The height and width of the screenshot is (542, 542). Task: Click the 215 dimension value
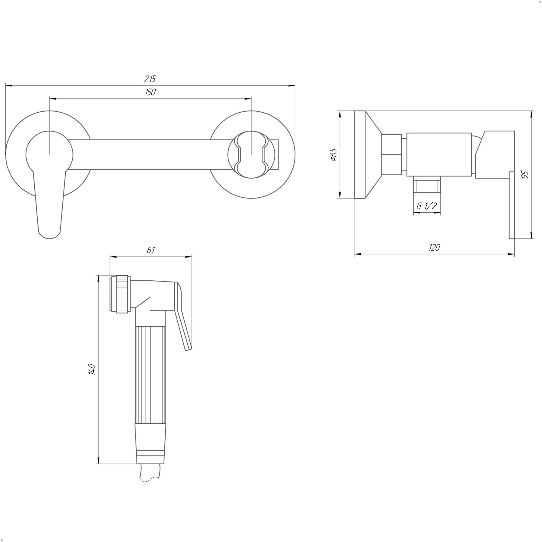pos(150,79)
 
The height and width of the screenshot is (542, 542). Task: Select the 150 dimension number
pos(150,92)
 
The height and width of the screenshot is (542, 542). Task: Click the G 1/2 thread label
pos(427,206)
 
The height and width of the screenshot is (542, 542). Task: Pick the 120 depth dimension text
pos(434,248)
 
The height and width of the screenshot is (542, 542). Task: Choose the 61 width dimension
pos(151,250)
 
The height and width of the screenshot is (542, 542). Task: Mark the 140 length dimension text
pos(92,369)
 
